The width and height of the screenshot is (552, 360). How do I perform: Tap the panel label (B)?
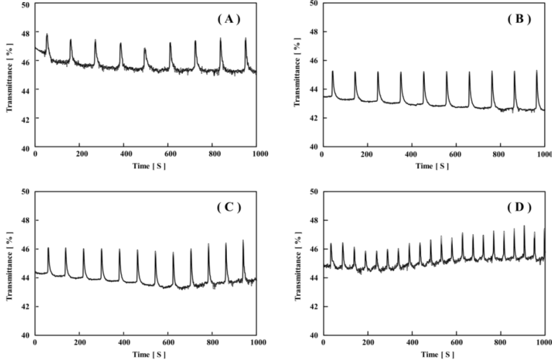(x=519, y=19)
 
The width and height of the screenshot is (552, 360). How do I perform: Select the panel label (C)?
(x=229, y=208)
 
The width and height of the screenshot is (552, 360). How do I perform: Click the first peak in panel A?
(x=47, y=34)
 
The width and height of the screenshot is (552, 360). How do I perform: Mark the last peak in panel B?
(x=536, y=71)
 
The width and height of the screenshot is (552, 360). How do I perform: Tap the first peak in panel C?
(x=48, y=248)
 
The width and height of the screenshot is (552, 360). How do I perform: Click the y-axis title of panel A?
(x=9, y=75)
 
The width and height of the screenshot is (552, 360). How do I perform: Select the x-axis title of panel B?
(x=431, y=165)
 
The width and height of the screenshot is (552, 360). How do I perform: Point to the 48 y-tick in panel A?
(x=26, y=32)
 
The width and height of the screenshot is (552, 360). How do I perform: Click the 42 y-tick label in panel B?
(x=313, y=118)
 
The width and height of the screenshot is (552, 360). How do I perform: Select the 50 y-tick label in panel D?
(x=313, y=191)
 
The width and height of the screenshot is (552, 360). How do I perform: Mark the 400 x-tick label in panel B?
(x=411, y=154)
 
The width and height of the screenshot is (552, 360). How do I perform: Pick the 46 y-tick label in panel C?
(x=26, y=249)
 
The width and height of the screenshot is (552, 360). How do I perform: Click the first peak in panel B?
(x=333, y=71)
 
